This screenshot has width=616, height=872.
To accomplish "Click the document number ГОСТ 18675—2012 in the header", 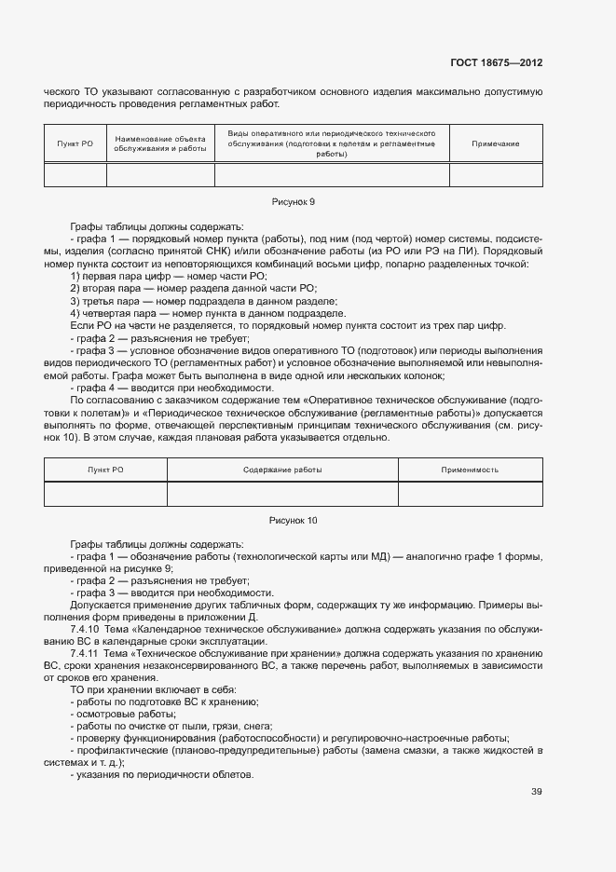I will (x=496, y=63).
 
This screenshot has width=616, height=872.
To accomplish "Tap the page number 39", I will (x=536, y=792).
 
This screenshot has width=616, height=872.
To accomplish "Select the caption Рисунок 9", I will (x=293, y=201).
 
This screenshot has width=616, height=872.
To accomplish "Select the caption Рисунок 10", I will (x=293, y=520).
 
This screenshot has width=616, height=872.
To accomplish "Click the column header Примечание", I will (x=495, y=143).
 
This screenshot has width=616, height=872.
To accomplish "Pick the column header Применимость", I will (x=469, y=470).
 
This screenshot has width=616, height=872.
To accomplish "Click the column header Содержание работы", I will (x=282, y=470).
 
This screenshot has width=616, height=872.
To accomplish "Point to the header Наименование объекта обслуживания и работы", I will (x=160, y=143).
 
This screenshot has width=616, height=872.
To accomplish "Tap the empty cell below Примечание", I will (x=495, y=174).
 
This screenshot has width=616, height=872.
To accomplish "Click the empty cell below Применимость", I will (x=469, y=493).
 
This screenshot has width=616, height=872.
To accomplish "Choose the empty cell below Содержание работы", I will (x=282, y=493).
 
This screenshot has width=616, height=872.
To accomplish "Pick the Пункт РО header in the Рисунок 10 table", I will (x=105, y=470).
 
